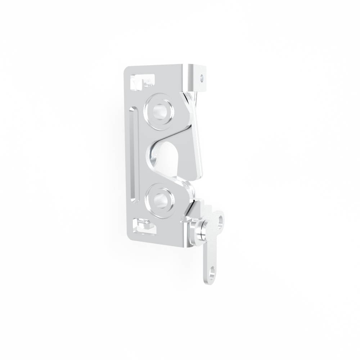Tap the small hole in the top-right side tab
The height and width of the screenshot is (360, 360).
pyautogui.click(x=203, y=77)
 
